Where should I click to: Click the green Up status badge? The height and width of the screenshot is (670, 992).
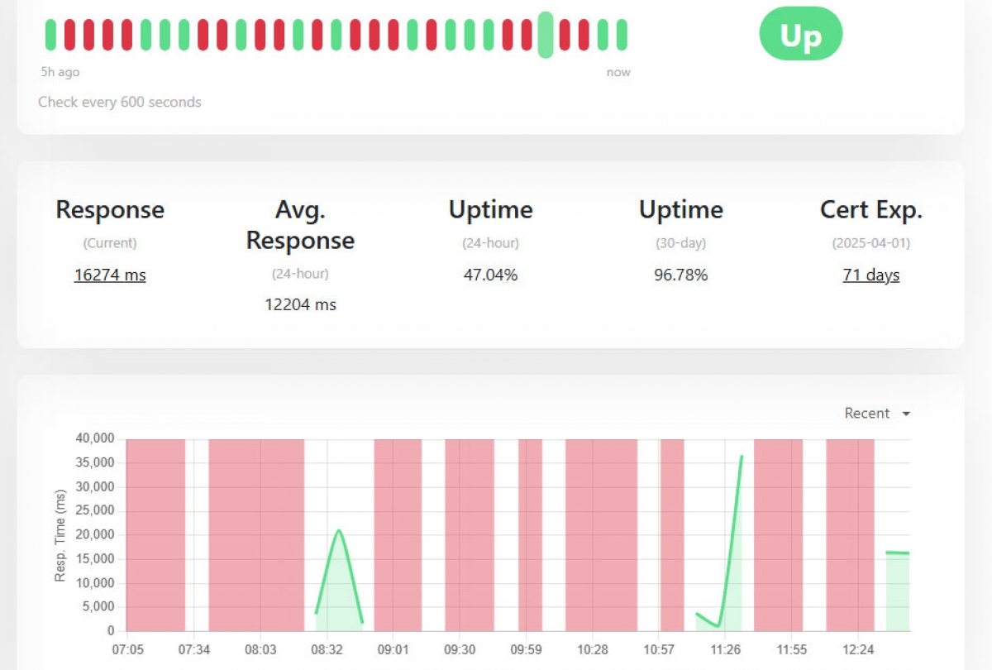click(x=800, y=35)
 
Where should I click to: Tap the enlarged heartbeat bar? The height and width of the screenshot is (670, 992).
click(x=546, y=35)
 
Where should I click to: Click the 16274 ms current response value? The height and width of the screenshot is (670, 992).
click(x=110, y=275)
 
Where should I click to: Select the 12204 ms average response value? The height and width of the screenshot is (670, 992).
click(x=300, y=304)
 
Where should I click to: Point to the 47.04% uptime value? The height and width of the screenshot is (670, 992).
click(x=490, y=275)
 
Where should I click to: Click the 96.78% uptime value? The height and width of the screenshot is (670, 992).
click(x=680, y=275)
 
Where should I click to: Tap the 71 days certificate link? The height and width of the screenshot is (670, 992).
click(x=870, y=275)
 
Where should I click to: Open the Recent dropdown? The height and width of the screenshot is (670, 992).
click(x=877, y=414)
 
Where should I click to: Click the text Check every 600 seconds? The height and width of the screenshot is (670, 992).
click(x=120, y=103)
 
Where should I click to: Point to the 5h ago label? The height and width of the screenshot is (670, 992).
click(x=60, y=73)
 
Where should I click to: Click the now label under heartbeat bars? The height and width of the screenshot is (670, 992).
click(x=618, y=73)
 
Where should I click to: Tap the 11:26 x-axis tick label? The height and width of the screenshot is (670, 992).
click(x=726, y=650)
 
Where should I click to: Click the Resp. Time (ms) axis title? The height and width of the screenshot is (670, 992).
click(x=60, y=534)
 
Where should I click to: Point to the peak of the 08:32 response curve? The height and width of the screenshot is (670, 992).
click(x=339, y=530)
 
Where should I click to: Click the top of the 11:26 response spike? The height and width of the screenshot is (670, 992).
click(x=742, y=456)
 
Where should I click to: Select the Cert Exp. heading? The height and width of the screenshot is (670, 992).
click(x=870, y=210)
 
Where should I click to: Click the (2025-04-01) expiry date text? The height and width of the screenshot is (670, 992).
click(x=870, y=244)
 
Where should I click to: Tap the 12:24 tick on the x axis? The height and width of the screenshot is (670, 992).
click(x=859, y=650)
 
